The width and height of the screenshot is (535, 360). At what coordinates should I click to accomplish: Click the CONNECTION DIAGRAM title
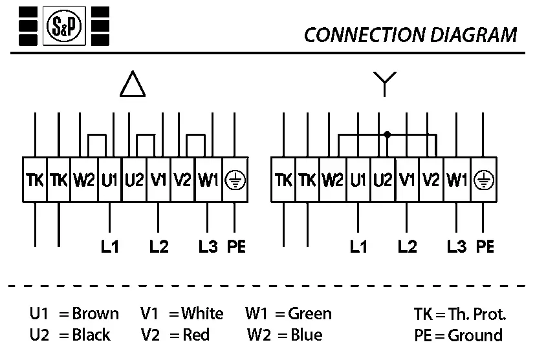410,34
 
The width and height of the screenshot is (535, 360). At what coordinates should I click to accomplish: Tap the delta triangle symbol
132,84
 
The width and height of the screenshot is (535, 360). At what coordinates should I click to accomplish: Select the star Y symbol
384,83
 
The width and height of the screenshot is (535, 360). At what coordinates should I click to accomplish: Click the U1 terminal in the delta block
109,180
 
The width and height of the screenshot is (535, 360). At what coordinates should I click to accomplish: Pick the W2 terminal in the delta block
84,180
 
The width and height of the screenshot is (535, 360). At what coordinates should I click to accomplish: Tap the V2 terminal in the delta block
182,180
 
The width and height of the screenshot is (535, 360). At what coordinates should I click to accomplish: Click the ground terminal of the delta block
234,180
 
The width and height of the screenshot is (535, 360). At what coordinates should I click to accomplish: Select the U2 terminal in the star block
382,180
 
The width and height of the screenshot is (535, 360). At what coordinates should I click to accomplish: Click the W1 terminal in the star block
457,180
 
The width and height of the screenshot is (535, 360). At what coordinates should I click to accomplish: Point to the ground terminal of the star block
482,180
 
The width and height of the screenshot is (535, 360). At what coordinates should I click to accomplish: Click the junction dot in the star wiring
388,134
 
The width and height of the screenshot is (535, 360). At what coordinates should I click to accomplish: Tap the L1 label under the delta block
110,246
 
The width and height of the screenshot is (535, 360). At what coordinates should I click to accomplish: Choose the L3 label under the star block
457,246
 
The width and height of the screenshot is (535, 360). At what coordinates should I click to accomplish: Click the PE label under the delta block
237,246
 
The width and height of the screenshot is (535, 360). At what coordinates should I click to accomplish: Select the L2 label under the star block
408,246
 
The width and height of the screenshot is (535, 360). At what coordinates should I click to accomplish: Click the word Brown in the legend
96,314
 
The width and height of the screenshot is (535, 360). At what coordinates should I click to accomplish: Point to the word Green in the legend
310,314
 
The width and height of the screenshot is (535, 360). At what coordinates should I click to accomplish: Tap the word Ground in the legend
475,335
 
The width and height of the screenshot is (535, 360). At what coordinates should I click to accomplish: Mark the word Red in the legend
197,335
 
